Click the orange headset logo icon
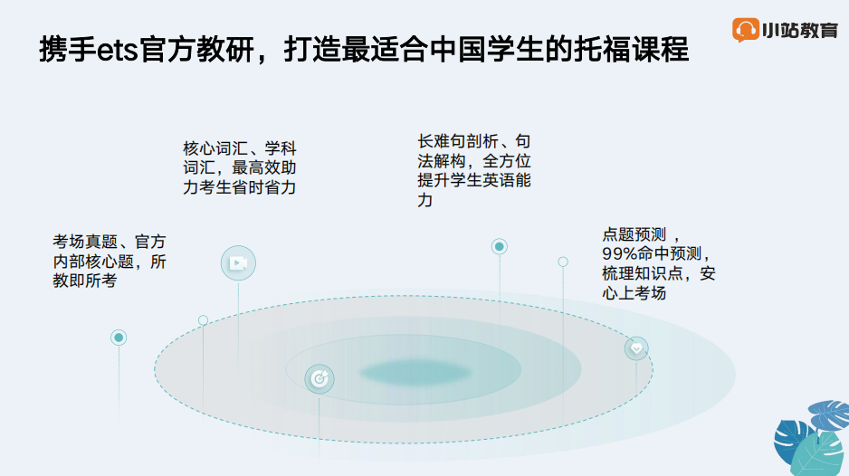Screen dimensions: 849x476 746,29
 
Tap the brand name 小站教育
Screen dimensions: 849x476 800,31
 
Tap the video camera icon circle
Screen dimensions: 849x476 238,263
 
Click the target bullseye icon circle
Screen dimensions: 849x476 319,378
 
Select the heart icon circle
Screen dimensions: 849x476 636,348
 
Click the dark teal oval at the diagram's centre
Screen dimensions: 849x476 415,372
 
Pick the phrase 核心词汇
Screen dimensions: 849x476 215,148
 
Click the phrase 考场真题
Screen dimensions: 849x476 85,242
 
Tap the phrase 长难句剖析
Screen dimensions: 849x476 458,141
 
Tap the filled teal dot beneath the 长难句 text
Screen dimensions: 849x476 500,246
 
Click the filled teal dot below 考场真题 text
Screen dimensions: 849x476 119,338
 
